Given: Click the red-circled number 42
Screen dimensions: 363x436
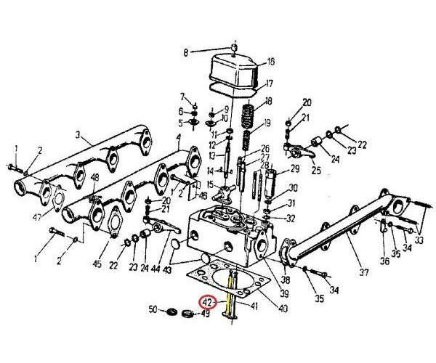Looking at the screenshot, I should (x=209, y=301).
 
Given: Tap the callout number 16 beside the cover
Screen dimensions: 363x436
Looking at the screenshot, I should (x=271, y=61).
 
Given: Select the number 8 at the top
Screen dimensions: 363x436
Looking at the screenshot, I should (x=185, y=52).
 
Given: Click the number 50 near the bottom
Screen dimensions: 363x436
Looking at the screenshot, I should (x=153, y=310).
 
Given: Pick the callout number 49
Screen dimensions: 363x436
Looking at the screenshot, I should (x=206, y=314).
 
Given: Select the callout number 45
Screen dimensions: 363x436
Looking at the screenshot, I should (x=97, y=264).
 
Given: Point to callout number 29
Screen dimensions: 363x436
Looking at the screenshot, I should (x=295, y=168).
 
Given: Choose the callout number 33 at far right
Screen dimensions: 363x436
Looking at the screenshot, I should (x=419, y=240).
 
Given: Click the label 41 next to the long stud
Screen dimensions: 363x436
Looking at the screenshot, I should (x=254, y=306).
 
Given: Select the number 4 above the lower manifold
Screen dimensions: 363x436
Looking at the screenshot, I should (x=178, y=137).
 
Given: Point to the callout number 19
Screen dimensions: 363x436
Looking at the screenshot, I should (x=268, y=123).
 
